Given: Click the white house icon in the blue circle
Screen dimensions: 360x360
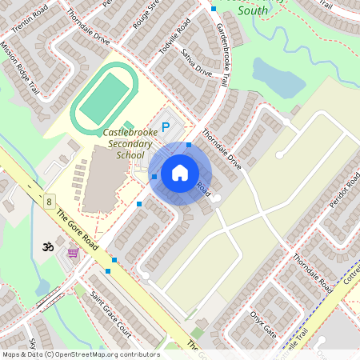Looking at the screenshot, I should pos(180,173).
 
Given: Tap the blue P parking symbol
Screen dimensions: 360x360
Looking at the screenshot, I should pos(166,126).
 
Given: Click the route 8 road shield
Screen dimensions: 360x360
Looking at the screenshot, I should pos(49,202).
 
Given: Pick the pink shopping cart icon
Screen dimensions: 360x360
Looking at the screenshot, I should pos(74,252).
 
